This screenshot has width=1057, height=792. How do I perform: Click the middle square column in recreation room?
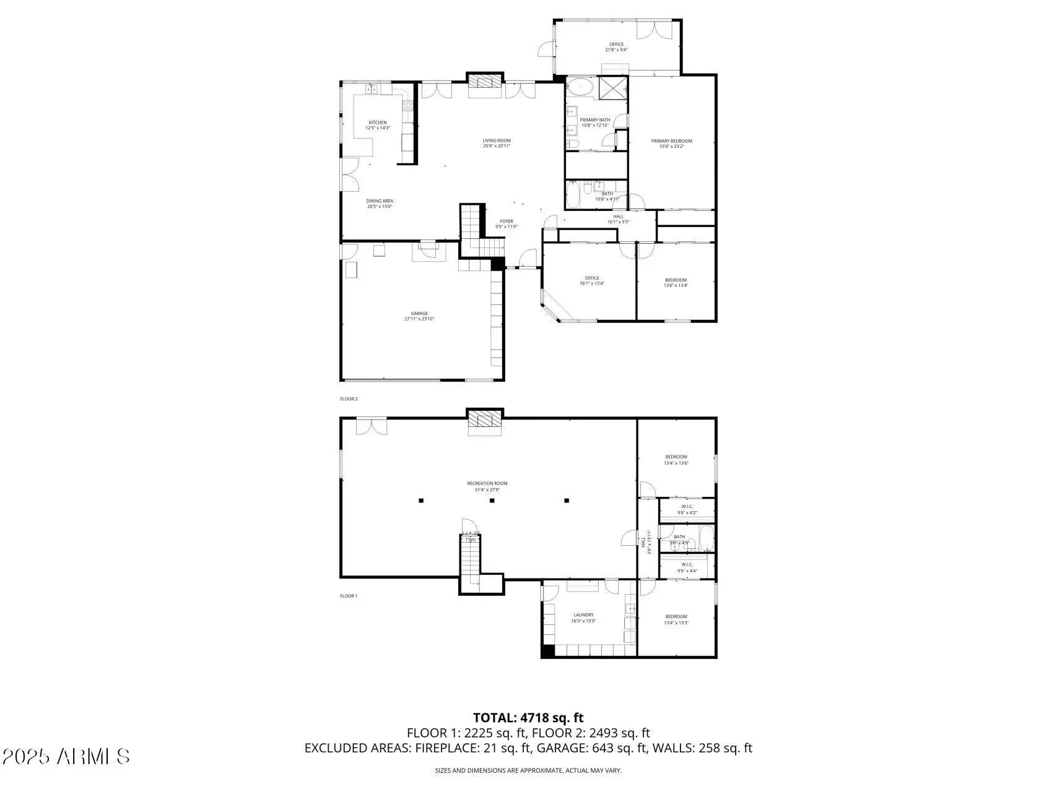[492, 501]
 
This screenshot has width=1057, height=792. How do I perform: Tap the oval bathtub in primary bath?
[580, 87]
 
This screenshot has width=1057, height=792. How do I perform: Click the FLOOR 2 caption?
[349, 399]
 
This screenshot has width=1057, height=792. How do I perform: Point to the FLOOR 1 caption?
[349, 596]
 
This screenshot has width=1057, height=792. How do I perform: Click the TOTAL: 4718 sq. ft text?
[528, 718]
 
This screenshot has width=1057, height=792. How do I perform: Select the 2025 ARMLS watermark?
[66, 756]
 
